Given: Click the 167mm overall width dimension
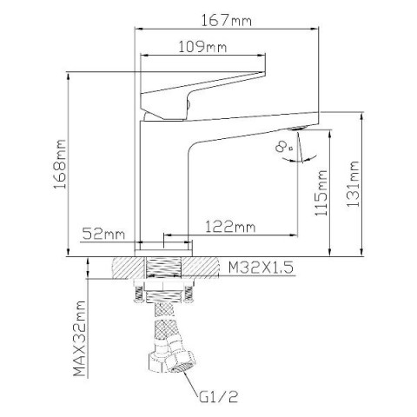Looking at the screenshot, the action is click(227, 21).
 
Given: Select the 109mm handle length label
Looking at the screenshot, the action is click(202, 47).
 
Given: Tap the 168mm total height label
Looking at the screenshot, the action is click(60, 164).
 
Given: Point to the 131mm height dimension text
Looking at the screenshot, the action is click(353, 183).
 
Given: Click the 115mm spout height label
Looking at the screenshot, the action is click(321, 193).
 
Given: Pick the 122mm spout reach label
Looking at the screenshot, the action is click(230, 227).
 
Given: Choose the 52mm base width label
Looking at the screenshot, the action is click(103, 234).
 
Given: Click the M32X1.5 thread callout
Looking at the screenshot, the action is click(261, 268).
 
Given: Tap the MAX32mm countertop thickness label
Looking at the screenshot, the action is click(80, 339).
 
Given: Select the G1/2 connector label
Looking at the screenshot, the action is click(219, 397).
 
